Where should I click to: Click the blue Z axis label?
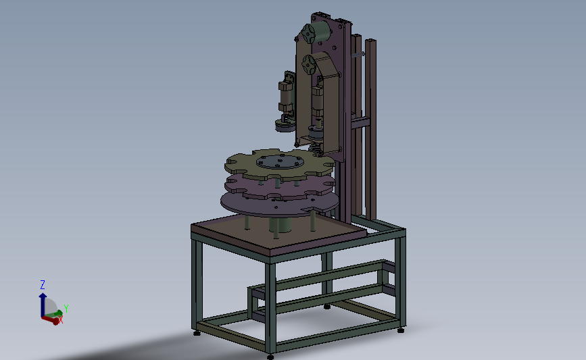[x=43, y=285]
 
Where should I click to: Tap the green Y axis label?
[x=66, y=309]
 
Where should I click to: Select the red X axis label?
[x=61, y=319]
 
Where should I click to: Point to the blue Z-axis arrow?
[x=43, y=305]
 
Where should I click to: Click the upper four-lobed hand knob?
[x=309, y=34]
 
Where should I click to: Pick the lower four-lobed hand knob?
[x=309, y=64]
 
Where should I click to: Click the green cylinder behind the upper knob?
[x=322, y=30]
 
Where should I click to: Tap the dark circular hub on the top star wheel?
[x=280, y=161]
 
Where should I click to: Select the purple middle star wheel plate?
[x=280, y=186]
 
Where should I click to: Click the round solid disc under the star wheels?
[x=280, y=203]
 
